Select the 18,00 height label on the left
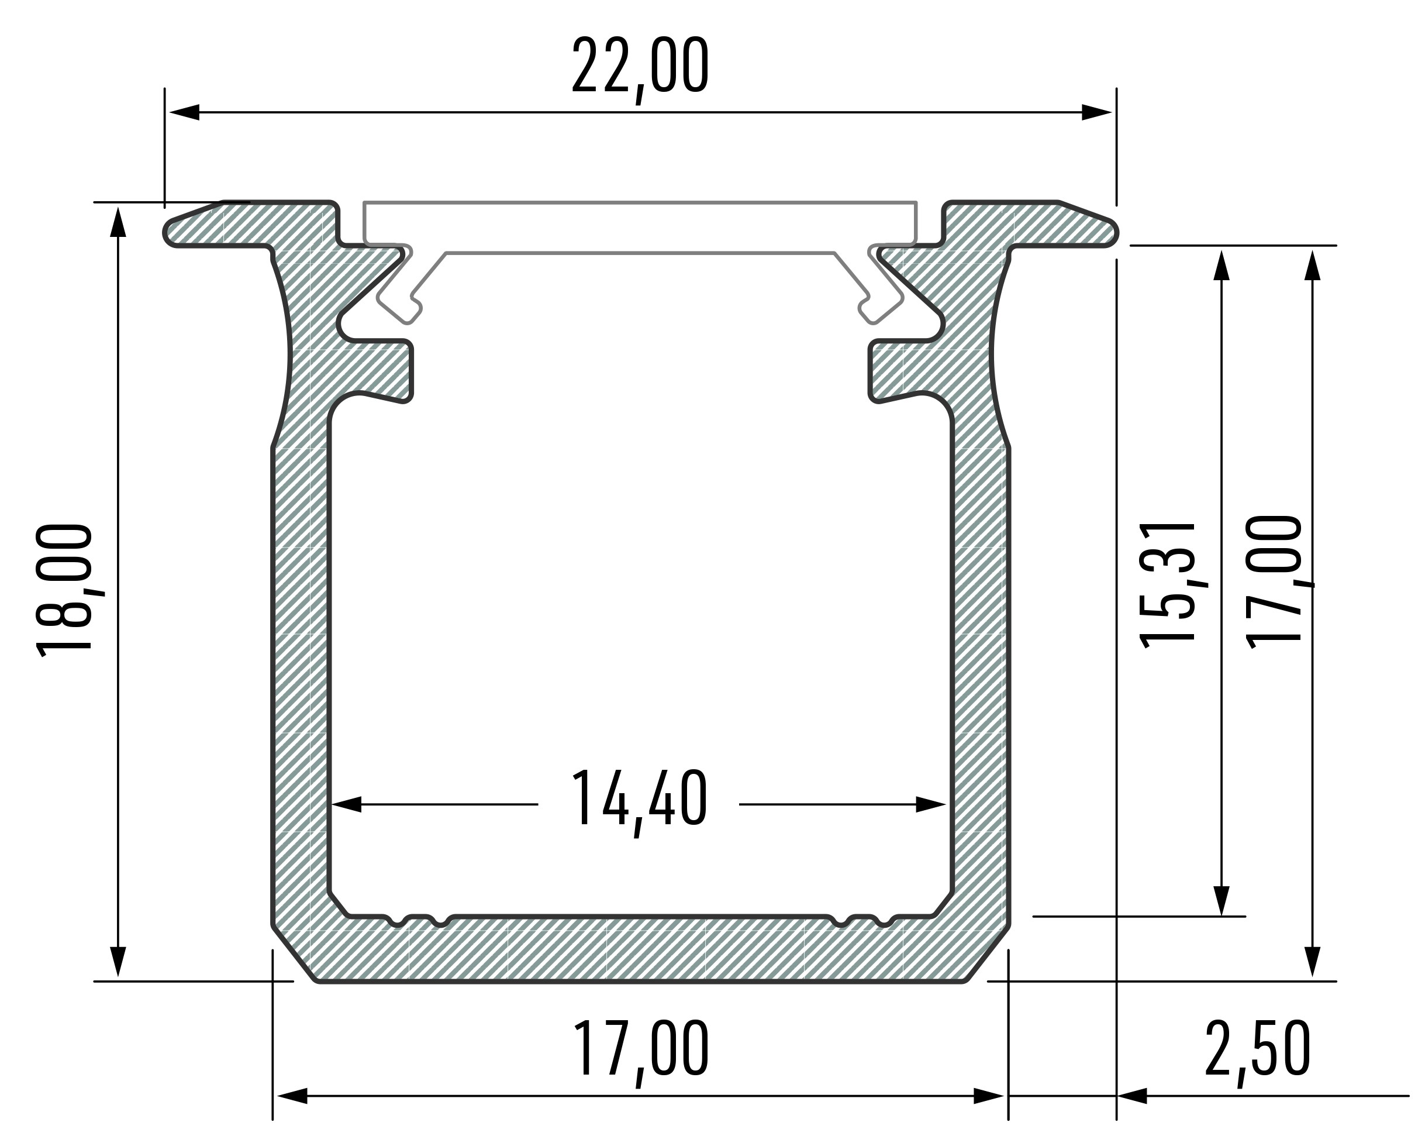(x=64, y=590)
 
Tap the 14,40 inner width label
(x=639, y=803)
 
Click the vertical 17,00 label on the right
(x=1274, y=582)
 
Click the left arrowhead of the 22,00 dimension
(x=184, y=112)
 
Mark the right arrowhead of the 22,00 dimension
(x=1096, y=112)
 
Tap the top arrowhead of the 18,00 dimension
(x=118, y=222)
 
